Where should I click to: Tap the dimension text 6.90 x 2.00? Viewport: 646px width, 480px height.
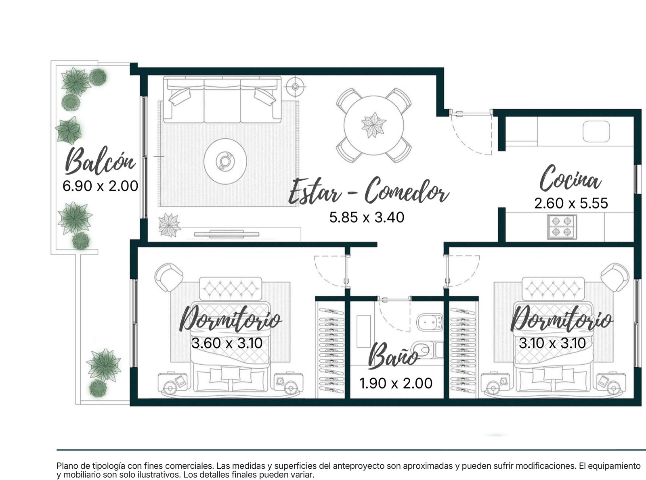(100, 186)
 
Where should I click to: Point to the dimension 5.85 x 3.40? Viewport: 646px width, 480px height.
(367, 217)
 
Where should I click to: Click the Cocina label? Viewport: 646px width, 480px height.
(570, 178)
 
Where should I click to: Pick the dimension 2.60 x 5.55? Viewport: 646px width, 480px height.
(571, 203)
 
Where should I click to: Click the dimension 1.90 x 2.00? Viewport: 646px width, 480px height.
(396, 383)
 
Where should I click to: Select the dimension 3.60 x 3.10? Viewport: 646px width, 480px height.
(227, 343)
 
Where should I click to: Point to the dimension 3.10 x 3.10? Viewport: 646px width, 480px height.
(552, 343)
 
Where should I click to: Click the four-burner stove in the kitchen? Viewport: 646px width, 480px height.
(562, 227)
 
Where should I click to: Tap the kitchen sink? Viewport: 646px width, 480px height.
(596, 131)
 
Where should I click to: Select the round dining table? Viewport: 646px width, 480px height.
(374, 125)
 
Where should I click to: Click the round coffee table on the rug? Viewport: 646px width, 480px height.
(225, 161)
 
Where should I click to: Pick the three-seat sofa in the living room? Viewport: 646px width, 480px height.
(222, 100)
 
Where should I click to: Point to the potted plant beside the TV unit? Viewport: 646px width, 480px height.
(169, 225)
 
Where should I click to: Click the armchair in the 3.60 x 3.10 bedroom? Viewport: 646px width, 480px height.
(168, 277)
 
